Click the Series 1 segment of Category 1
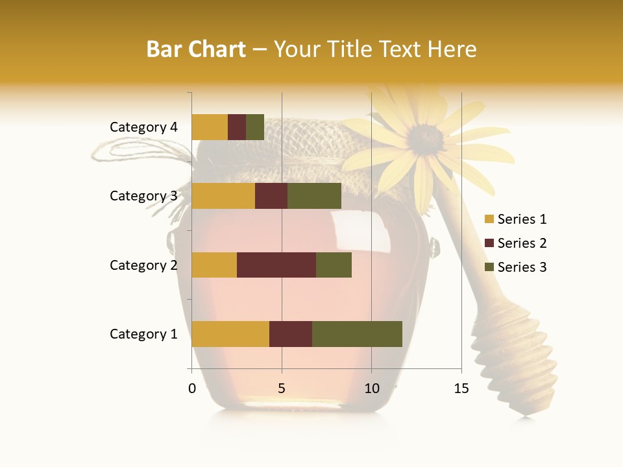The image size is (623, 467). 230,334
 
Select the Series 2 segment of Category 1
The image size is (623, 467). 291,334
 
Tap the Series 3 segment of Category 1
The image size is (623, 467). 357,334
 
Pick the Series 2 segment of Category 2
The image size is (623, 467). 276,265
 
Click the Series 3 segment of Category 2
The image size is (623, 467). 334,265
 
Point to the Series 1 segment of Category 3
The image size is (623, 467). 223,196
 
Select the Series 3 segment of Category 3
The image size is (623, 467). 314,196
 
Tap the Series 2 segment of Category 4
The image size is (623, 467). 237,127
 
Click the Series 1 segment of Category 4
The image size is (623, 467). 210,127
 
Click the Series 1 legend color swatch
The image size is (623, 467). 489,220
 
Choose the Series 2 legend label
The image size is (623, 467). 522,243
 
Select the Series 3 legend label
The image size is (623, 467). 522,267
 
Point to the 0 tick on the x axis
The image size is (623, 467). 192,389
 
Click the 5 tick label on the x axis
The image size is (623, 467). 282,389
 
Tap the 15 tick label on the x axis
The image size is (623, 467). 461,389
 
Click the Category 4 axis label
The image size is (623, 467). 143,127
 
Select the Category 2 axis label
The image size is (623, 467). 143,265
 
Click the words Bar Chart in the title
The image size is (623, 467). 196,49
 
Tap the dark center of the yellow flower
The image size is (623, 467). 426,138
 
